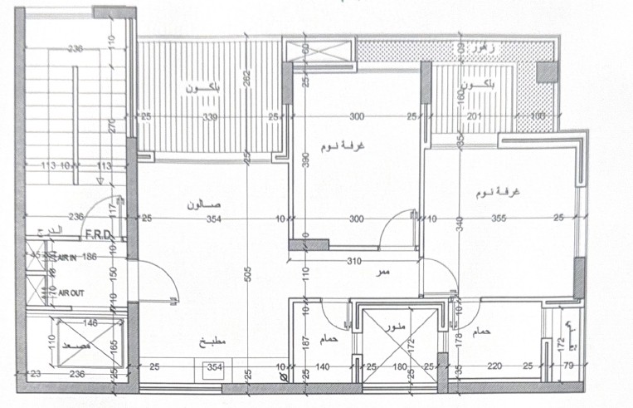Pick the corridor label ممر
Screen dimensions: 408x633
pyautogui.click(x=383, y=273)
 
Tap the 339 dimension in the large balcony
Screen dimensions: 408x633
pyautogui.click(x=210, y=117)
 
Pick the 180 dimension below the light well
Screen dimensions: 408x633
pyautogui.click(x=399, y=366)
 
